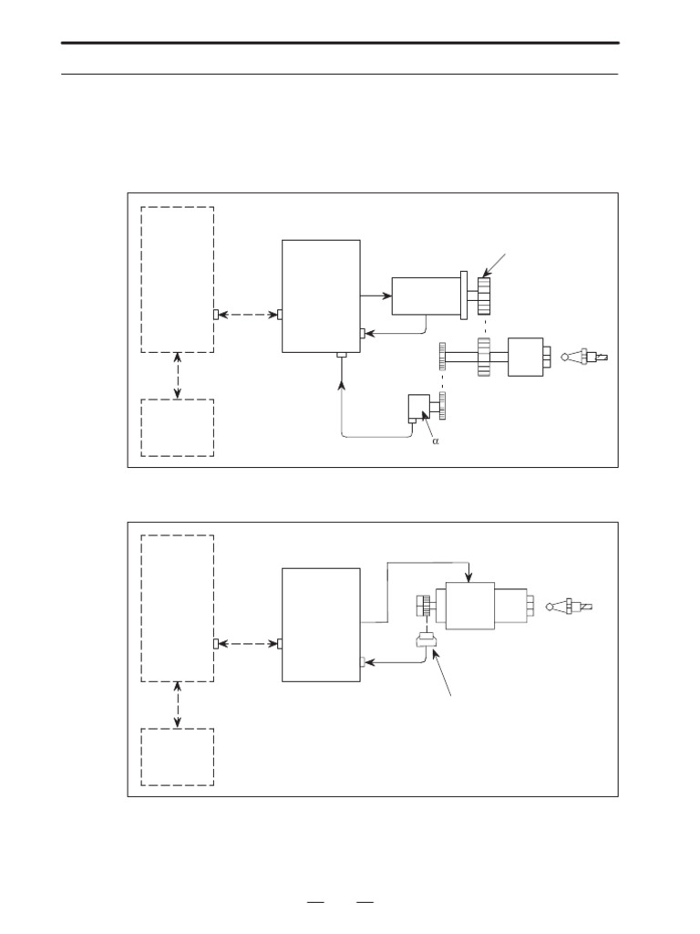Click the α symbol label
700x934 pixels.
[x=435, y=441]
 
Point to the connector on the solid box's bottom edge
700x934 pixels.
[x=342, y=355]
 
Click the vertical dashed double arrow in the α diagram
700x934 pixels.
[x=178, y=376]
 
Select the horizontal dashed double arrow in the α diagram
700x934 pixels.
[x=246, y=315]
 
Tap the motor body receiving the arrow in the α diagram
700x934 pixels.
[x=426, y=295]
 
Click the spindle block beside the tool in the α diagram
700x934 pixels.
[x=525, y=357]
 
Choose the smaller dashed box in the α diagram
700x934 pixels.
[x=178, y=428]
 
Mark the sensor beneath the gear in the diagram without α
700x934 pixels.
[x=425, y=641]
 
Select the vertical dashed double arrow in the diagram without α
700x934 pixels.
[x=178, y=705]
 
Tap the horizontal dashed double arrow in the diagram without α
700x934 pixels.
[x=246, y=644]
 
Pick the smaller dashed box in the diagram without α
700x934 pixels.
[x=178, y=757]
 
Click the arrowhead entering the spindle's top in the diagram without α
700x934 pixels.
[x=468, y=577]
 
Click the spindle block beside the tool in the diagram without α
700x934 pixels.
[x=468, y=604]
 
